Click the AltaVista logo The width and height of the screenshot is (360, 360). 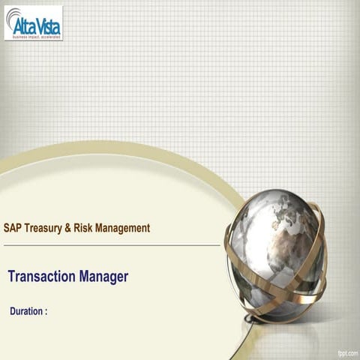(33, 22)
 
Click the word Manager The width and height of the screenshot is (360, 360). (103, 277)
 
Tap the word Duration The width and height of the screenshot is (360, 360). (26, 310)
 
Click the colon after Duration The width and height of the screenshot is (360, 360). (46, 311)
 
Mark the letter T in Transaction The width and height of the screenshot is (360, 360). (11, 276)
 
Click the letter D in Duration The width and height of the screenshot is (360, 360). (13, 310)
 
